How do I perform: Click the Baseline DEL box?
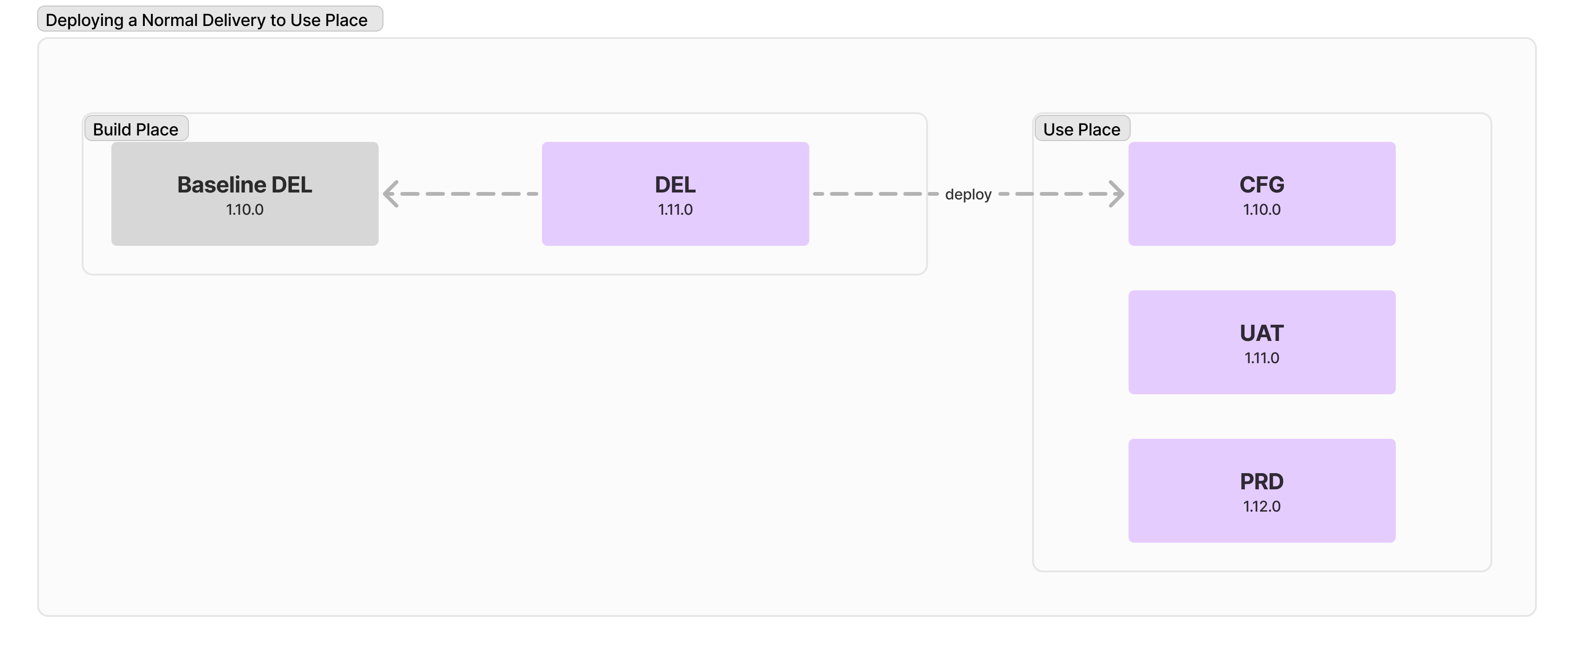(x=245, y=193)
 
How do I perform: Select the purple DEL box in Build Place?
(x=675, y=193)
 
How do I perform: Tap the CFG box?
(x=1262, y=193)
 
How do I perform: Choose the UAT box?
(x=1262, y=342)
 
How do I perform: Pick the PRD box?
(x=1262, y=490)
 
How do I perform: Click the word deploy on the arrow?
(x=968, y=195)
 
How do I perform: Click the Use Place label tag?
(x=1082, y=129)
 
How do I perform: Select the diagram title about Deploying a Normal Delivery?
(x=210, y=19)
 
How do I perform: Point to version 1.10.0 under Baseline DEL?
(x=245, y=210)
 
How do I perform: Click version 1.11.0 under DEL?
(x=675, y=210)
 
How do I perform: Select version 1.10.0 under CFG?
(x=1262, y=210)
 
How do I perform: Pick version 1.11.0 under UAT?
(x=1262, y=358)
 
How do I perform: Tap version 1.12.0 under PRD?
(x=1262, y=506)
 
